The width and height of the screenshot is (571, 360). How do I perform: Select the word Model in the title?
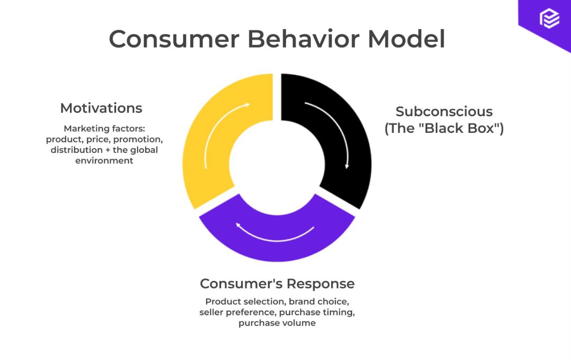[407, 39]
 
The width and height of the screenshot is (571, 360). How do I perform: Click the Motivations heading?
[101, 108]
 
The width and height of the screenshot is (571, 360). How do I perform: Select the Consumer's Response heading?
[277, 284]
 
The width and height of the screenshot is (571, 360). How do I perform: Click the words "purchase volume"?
[277, 323]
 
